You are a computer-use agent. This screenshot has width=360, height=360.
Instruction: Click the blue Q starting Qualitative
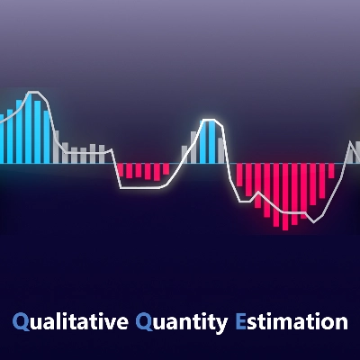pyautogui.click(x=20, y=321)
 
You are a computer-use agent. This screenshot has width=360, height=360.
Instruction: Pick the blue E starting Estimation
pyautogui.click(x=239, y=321)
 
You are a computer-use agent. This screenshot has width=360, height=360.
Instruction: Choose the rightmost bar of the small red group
pyautogui.click(x=166, y=168)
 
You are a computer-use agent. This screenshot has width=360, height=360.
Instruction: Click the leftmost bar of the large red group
pyautogui.click(x=239, y=175)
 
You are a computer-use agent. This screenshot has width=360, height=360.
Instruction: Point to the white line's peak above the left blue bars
pyautogui.click(x=34, y=92)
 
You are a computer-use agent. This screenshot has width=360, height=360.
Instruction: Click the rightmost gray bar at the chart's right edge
pyautogui.click(x=356, y=151)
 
